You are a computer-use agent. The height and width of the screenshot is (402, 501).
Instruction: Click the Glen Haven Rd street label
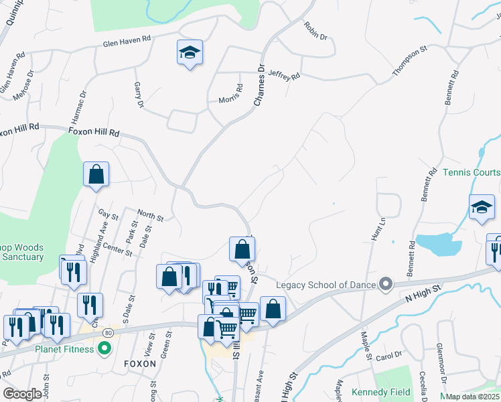[x=127, y=44]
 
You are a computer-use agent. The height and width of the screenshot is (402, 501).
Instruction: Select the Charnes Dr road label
[x=260, y=84]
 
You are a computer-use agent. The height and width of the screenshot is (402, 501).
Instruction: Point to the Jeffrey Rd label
[x=283, y=76]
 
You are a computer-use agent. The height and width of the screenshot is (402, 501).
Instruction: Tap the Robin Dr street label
[x=315, y=31]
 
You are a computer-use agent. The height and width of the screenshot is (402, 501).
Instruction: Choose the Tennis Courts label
[x=471, y=172]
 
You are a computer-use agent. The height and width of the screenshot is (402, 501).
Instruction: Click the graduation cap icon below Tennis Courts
[x=481, y=208]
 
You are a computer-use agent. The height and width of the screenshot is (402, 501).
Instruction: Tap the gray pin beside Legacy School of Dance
[x=385, y=285]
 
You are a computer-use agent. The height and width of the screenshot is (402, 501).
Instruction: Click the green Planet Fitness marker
[x=104, y=348]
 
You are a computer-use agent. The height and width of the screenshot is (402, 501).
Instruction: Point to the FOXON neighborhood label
[x=139, y=364]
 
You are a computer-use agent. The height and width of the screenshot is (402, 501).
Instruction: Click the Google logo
[x=22, y=394]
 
